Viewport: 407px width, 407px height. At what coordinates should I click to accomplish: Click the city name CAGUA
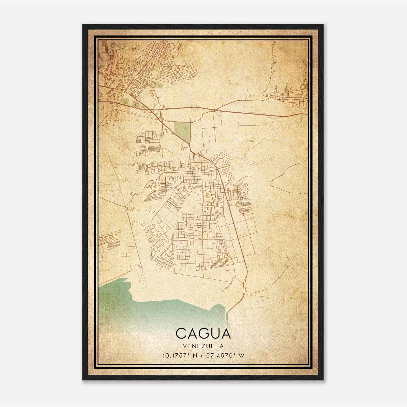coord(203,333)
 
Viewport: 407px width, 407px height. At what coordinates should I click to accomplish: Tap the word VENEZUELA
coord(203,346)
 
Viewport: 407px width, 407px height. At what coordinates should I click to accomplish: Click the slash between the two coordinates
coord(201,356)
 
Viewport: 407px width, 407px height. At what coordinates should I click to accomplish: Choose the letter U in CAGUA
coord(214,333)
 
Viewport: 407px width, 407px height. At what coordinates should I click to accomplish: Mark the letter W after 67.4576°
coord(241,356)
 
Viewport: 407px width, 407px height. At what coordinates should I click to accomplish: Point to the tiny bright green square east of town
coord(252,140)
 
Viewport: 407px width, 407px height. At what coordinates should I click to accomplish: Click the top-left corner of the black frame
coord(83,25)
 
